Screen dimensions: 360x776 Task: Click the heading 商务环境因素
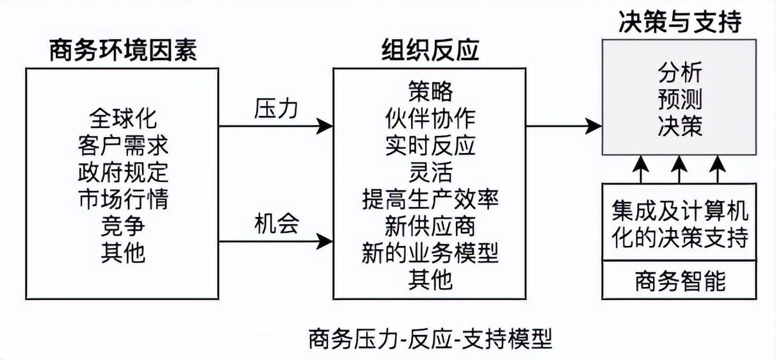(x=123, y=52)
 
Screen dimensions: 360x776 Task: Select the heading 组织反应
(x=430, y=51)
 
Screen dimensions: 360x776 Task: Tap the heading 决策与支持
(x=680, y=22)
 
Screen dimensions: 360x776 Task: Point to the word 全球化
(x=123, y=119)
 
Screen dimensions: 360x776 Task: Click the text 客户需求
(x=123, y=145)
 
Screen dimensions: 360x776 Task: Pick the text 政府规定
(x=123, y=172)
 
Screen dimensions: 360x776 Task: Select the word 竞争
(x=123, y=226)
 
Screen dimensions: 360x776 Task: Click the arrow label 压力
(x=276, y=109)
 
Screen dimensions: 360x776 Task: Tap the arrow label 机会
(x=276, y=225)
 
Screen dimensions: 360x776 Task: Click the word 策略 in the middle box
(x=430, y=92)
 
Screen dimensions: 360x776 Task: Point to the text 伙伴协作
(x=430, y=119)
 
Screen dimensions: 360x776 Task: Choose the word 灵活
(x=430, y=172)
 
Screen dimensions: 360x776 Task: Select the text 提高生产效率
(x=430, y=199)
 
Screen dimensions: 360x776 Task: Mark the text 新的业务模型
(x=430, y=253)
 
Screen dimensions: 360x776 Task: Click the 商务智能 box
(x=680, y=281)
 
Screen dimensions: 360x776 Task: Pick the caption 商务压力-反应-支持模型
(x=430, y=338)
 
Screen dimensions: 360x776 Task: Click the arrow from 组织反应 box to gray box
(x=563, y=126)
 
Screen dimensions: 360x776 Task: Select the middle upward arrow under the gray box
(x=680, y=170)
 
